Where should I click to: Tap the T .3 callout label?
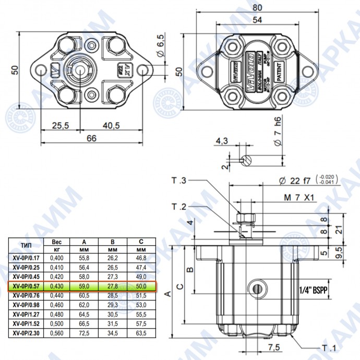coord(179,181)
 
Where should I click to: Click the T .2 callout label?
coord(179,207)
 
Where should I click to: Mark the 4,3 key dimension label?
coord(222,141)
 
